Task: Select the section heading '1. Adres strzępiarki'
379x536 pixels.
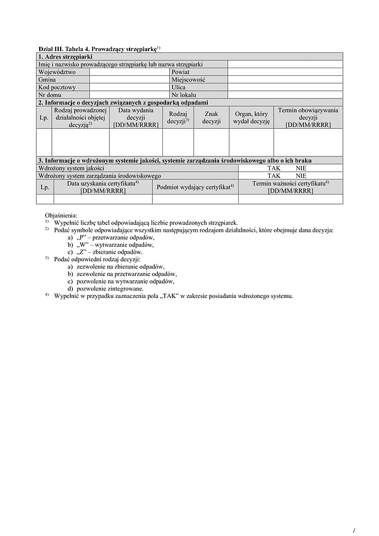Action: pos(66,57)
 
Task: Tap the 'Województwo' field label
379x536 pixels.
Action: pos(57,72)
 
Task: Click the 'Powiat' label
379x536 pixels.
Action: pos(181,72)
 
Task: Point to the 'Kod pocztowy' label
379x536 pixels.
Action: pos(57,87)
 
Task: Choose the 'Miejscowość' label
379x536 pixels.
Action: pos(189,80)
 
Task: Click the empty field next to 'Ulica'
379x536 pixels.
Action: pos(285,87)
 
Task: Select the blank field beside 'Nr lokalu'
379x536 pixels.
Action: pos(285,95)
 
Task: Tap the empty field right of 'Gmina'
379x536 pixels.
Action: pos(129,80)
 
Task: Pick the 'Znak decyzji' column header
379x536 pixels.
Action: pos(211,117)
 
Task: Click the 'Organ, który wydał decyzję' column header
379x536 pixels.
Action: pos(251,117)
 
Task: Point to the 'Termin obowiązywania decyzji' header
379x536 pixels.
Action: pos(308,117)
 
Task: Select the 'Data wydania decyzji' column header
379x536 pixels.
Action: pos(136,117)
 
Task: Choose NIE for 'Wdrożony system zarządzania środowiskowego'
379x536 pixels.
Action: pos(300,176)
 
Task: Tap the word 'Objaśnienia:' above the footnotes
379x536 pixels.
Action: pos(61,215)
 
